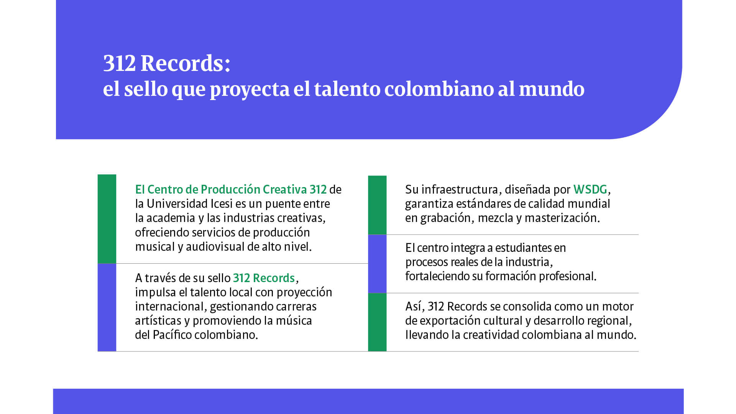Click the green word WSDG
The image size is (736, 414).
pos(590,189)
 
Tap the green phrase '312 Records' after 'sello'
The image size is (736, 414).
pos(264,278)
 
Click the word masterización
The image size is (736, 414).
pos(561,218)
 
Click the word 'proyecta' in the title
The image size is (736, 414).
pos(249,89)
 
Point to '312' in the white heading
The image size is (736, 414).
pos(119,63)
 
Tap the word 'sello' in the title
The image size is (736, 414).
pos(146,89)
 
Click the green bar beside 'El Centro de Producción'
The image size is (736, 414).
pos(107,219)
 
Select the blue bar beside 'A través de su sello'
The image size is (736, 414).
pos(107,307)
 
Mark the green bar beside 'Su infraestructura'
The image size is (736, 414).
pos(377,205)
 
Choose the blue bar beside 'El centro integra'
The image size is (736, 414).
pos(377,264)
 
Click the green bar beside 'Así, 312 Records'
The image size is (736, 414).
pos(377,322)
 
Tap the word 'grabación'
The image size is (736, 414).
pos(445,218)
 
